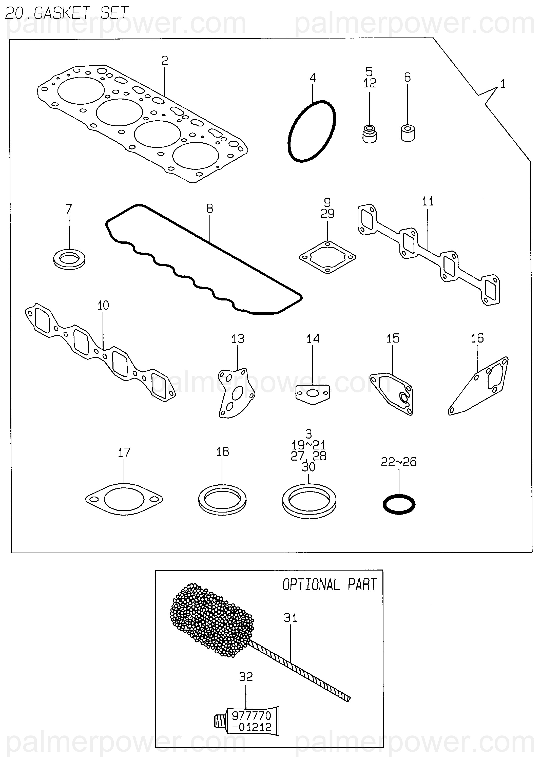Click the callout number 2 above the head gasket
point(165,61)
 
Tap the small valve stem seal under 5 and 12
point(370,133)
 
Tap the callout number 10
point(103,305)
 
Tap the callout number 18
point(223,452)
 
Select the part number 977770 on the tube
point(252,716)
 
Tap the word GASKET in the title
point(62,13)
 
